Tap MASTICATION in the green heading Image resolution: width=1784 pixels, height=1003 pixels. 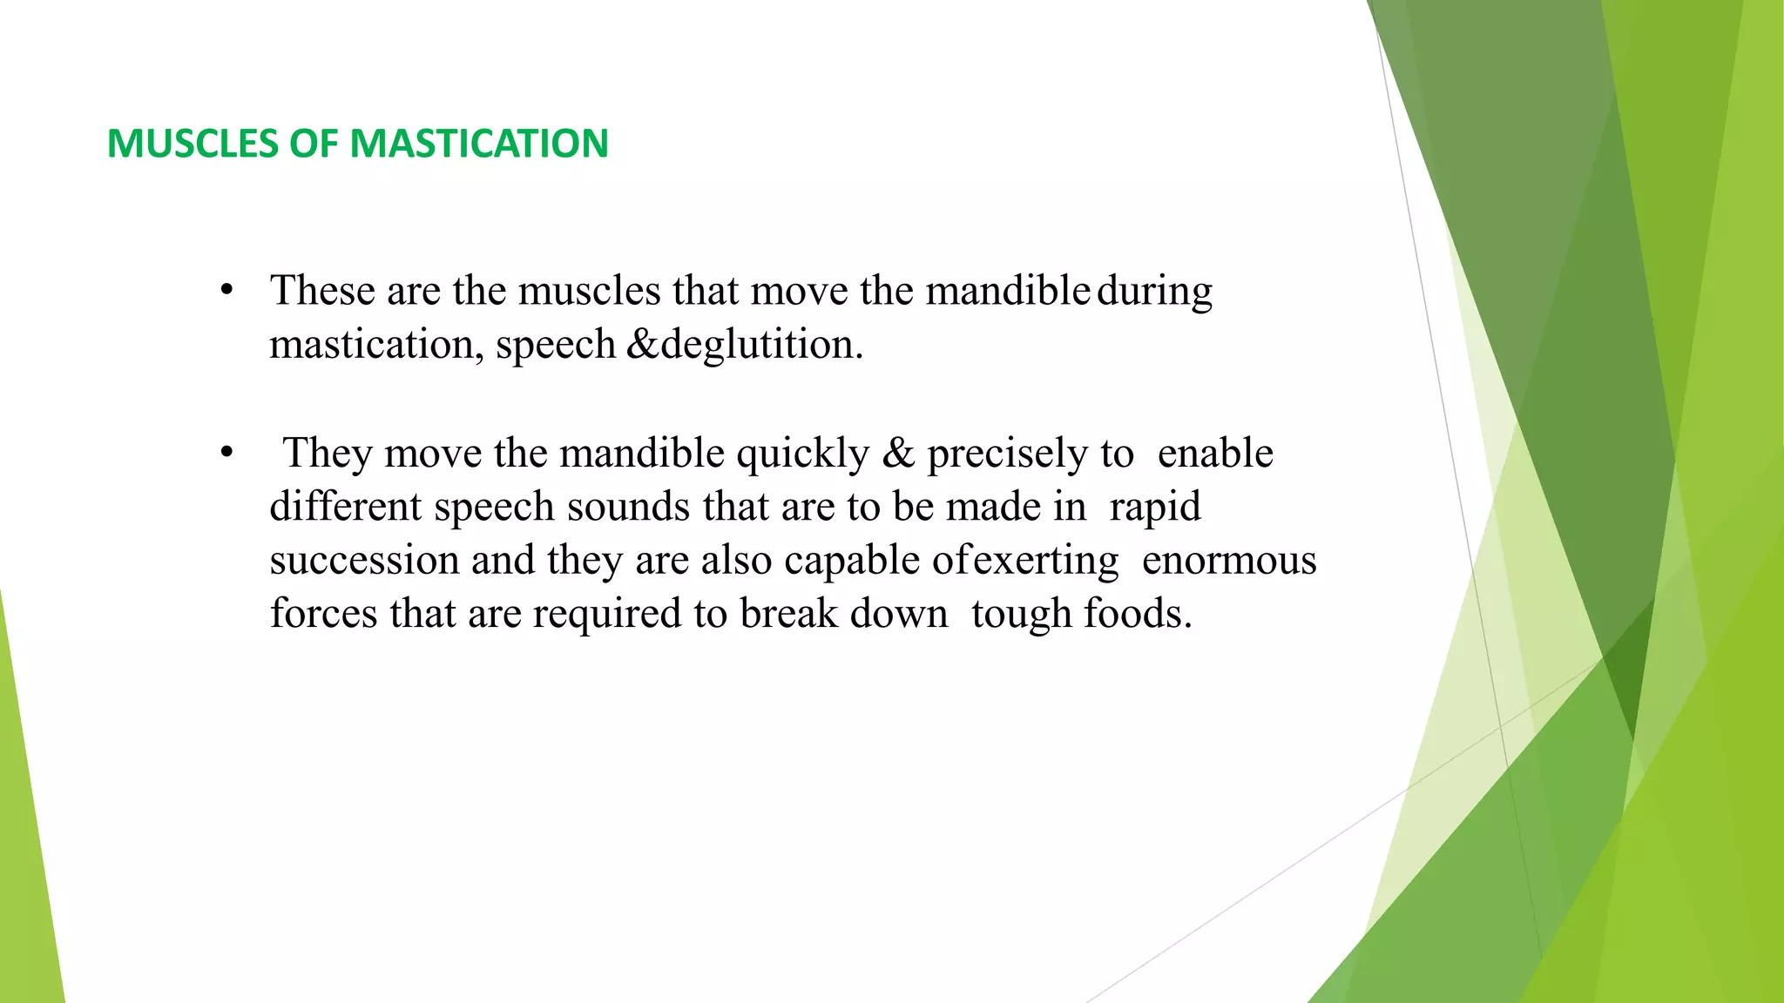click(478, 144)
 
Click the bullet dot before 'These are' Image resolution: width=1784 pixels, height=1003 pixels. click(226, 290)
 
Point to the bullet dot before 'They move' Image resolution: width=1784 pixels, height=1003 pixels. click(226, 453)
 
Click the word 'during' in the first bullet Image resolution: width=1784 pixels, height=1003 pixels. click(1154, 292)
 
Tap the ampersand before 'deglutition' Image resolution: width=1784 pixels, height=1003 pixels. click(643, 344)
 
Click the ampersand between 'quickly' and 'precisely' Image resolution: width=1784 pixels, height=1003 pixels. click(898, 454)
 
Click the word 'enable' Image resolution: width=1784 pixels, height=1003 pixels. click(1215, 454)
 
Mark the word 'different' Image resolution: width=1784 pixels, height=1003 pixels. click(345, 507)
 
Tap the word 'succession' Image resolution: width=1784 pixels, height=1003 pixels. click(364, 561)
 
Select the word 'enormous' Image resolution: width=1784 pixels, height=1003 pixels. click(1229, 561)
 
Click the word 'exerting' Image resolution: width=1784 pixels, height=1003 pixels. click(1045, 562)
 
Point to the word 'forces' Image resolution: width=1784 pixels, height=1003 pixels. click(323, 614)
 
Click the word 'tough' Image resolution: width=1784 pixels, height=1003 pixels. click(1021, 616)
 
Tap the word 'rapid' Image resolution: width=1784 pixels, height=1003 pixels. click(1155, 508)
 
